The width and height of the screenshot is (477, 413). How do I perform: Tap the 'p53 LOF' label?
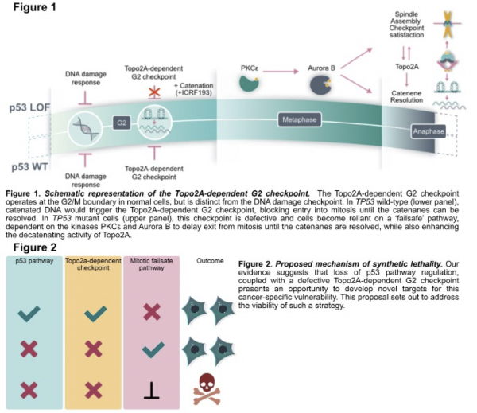tap(31, 107)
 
